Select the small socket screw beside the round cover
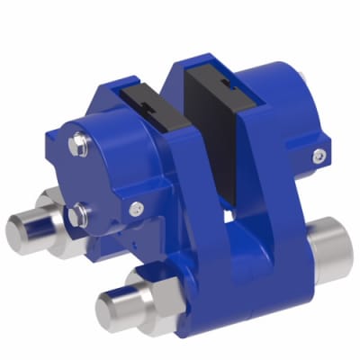pos(134,209)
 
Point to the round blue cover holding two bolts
pos(99,171)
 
